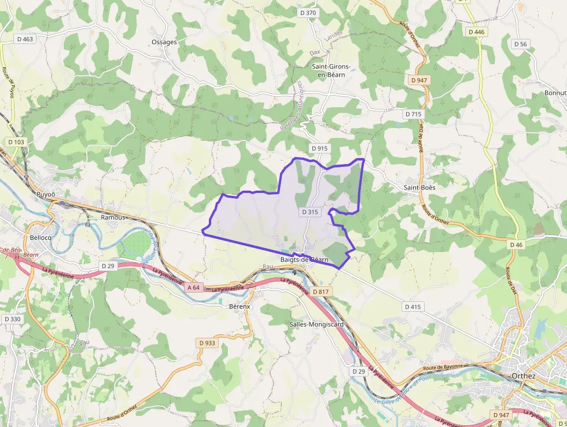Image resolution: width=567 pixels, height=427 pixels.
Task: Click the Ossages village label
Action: click(x=164, y=42)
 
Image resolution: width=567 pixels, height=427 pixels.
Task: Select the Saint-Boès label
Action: click(x=419, y=188)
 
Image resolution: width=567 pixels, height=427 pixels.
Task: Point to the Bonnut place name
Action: click(x=555, y=93)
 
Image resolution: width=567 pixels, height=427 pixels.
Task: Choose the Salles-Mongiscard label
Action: click(x=316, y=324)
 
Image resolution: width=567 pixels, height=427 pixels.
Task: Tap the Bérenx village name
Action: click(x=240, y=306)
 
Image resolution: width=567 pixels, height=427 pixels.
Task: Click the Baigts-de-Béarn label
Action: click(x=304, y=260)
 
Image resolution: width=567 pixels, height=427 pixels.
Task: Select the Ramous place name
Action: click(x=113, y=217)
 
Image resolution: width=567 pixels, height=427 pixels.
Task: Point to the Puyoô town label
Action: click(x=46, y=194)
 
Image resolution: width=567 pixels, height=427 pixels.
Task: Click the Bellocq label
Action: click(x=41, y=238)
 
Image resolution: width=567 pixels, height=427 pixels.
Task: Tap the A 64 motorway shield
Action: click(x=194, y=287)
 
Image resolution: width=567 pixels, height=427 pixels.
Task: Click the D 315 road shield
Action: click(x=310, y=212)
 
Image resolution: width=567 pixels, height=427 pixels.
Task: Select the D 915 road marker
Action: click(x=319, y=148)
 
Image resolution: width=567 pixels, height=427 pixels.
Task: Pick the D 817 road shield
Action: click(x=319, y=291)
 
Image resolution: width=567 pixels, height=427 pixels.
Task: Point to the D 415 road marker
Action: click(x=414, y=306)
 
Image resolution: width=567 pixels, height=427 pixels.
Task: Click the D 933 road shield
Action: click(x=207, y=343)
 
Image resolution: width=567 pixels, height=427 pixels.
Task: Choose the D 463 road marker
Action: click(x=25, y=39)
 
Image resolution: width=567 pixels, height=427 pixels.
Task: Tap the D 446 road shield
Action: click(x=476, y=32)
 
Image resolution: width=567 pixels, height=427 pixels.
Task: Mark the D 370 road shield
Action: click(x=308, y=13)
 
